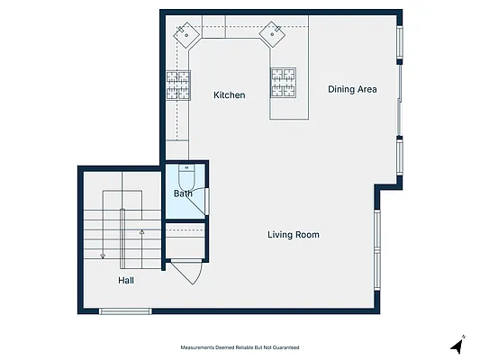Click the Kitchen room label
coord(230,95)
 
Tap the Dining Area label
coord(352,89)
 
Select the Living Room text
coord(294,235)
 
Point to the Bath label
coord(183,193)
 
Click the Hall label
coord(126,281)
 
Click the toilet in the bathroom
coord(186,177)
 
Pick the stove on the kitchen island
coord(283,83)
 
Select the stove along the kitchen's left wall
coord(178,85)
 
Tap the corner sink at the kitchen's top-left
coord(186,35)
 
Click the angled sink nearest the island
coord(272,34)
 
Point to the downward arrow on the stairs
coord(103,225)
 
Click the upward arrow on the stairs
coord(141,249)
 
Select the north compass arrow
coord(457,346)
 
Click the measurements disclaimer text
coord(240,347)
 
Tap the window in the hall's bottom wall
coord(125,311)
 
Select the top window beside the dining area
coord(400,42)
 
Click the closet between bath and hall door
coord(186,241)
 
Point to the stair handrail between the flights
coord(122,238)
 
